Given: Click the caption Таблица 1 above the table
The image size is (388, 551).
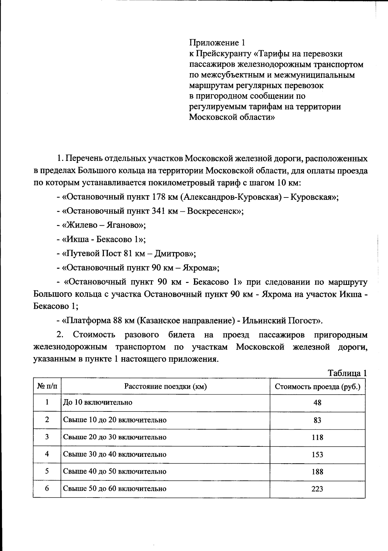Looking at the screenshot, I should (x=347, y=373).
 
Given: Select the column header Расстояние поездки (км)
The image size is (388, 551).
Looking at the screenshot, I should (x=165, y=387).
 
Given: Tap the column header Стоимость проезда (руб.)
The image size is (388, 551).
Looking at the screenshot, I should (x=317, y=387).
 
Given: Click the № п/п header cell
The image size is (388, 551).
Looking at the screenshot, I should (x=47, y=386).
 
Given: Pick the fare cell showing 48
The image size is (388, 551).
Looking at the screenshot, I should (x=317, y=403).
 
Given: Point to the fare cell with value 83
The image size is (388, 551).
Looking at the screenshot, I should (x=317, y=420).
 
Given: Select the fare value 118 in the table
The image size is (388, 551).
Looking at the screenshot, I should (x=317, y=437).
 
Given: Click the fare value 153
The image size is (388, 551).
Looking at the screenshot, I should (x=317, y=455).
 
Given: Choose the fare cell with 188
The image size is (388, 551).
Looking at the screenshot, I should (x=317, y=472).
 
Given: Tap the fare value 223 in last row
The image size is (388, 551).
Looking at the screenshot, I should (x=317, y=489).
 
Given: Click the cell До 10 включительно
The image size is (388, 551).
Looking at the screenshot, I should (x=98, y=402).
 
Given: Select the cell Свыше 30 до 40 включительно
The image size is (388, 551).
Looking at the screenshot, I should (x=114, y=454).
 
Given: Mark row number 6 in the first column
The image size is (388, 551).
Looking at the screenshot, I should (x=47, y=488).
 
